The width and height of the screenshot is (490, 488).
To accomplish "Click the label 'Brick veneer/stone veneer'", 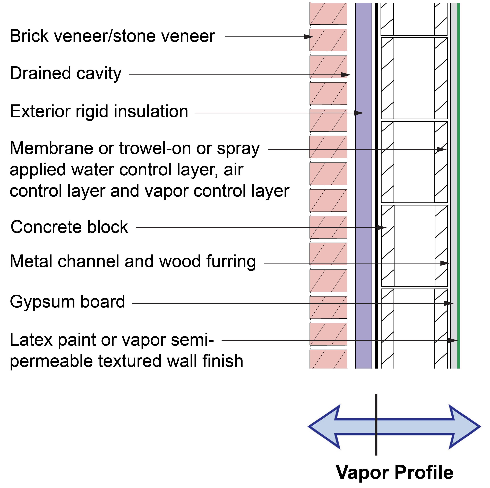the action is [112, 36].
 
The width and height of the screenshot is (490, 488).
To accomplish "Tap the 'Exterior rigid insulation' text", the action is [99, 112].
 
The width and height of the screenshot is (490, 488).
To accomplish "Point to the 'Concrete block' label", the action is [69, 227].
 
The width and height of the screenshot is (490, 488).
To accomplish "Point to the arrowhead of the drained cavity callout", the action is [346, 75].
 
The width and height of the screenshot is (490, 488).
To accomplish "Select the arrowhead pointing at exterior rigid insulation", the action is [359, 113].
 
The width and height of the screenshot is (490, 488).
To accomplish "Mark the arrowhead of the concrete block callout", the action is [381, 228].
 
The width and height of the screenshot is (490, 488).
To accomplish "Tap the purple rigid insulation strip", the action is [363, 186].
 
